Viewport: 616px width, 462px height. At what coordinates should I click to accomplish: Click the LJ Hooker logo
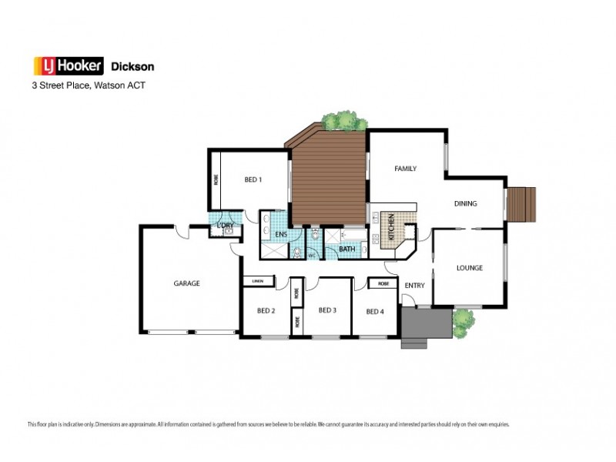(67, 66)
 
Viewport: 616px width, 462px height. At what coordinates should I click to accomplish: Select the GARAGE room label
(186, 283)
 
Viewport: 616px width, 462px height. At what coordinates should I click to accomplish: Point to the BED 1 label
(253, 180)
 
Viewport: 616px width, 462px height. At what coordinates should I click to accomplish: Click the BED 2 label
(266, 311)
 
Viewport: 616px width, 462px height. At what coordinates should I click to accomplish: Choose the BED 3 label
(327, 310)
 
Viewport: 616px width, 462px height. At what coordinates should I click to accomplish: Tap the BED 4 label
(374, 311)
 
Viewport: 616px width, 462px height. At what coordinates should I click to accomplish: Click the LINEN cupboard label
(257, 282)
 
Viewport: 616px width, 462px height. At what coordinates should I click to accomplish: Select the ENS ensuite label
(282, 235)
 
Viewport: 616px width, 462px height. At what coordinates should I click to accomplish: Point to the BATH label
(347, 249)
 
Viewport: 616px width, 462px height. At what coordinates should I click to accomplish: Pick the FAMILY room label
(406, 168)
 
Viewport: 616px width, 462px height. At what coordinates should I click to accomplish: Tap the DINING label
(465, 204)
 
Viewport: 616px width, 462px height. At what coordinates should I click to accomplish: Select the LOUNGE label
(469, 268)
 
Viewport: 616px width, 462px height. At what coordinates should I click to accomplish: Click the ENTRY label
(414, 286)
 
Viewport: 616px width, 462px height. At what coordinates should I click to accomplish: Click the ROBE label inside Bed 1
(216, 180)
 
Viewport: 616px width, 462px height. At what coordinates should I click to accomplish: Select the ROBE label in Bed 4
(383, 284)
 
